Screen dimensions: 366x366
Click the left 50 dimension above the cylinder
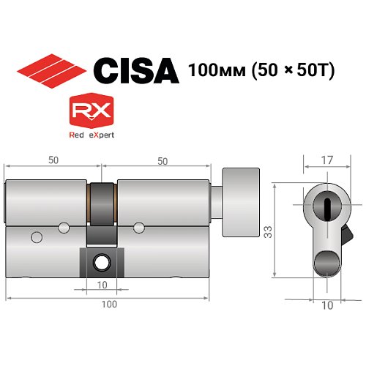coord(53,158)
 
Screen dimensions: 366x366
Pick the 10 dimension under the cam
coord(100,284)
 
